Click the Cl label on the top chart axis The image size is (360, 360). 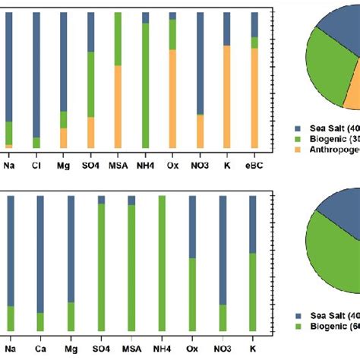coord(36,163)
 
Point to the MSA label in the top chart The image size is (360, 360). coord(118,163)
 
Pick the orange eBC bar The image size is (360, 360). coord(255,99)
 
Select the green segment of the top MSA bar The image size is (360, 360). coord(118,38)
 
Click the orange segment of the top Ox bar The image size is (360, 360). coord(172,99)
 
